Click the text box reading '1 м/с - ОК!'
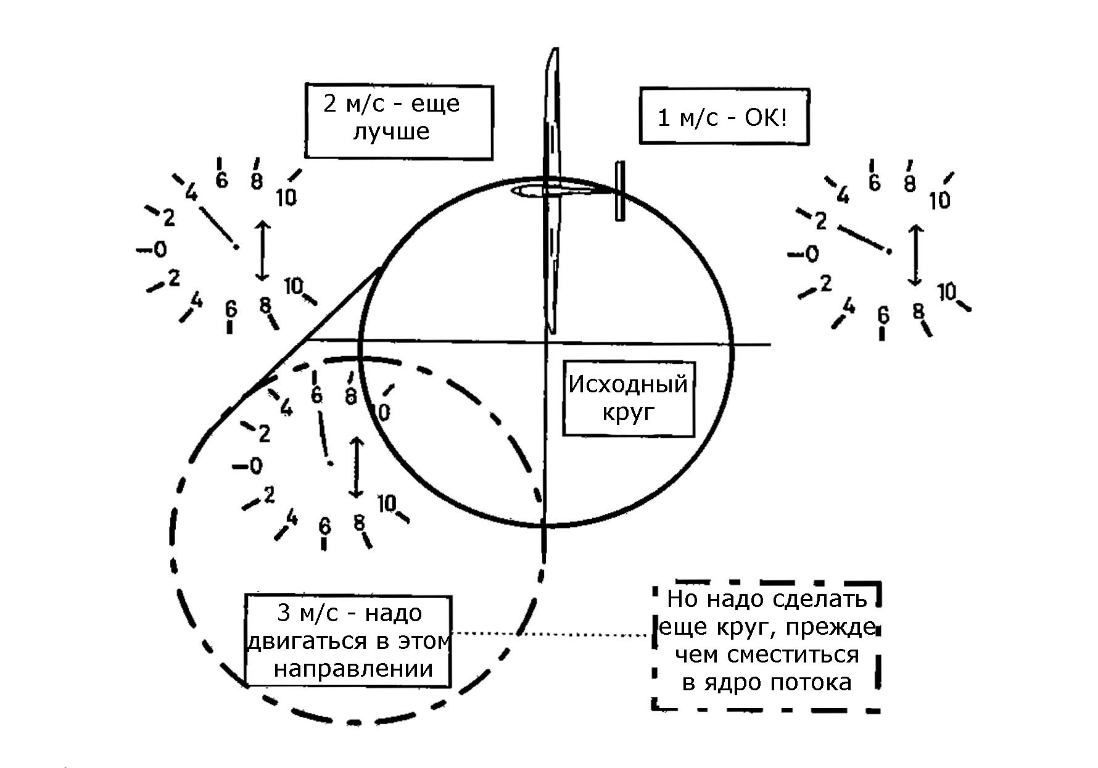click(x=724, y=117)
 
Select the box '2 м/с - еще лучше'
click(x=398, y=122)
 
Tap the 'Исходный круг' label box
click(x=629, y=399)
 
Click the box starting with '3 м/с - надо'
click(x=349, y=641)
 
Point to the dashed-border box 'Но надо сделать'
click(x=767, y=646)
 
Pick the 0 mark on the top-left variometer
click(x=160, y=249)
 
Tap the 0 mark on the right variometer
click(x=812, y=254)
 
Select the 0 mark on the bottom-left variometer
click(x=256, y=466)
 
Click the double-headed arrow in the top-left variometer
click(x=263, y=250)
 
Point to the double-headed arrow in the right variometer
click(x=915, y=254)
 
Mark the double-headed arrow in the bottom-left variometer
click(x=355, y=468)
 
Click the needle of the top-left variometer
click(x=218, y=228)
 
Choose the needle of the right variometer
click(x=864, y=239)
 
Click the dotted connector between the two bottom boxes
click(x=552, y=634)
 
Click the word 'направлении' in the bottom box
click(x=353, y=669)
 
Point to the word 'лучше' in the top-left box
click(x=391, y=131)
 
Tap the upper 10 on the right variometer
click(x=939, y=200)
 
